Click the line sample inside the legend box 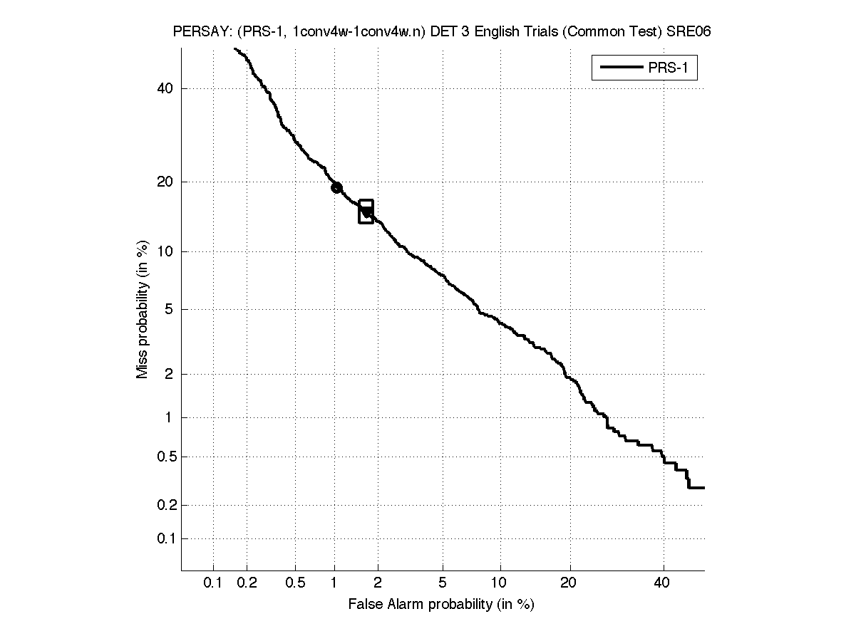[x=620, y=68]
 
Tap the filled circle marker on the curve [x=336, y=188]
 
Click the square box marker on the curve [x=366, y=212]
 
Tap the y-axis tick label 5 [x=170, y=309]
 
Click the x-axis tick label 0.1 [x=213, y=583]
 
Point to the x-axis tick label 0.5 [x=295, y=583]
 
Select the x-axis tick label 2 [x=378, y=583]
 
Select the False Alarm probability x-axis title [x=441, y=605]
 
